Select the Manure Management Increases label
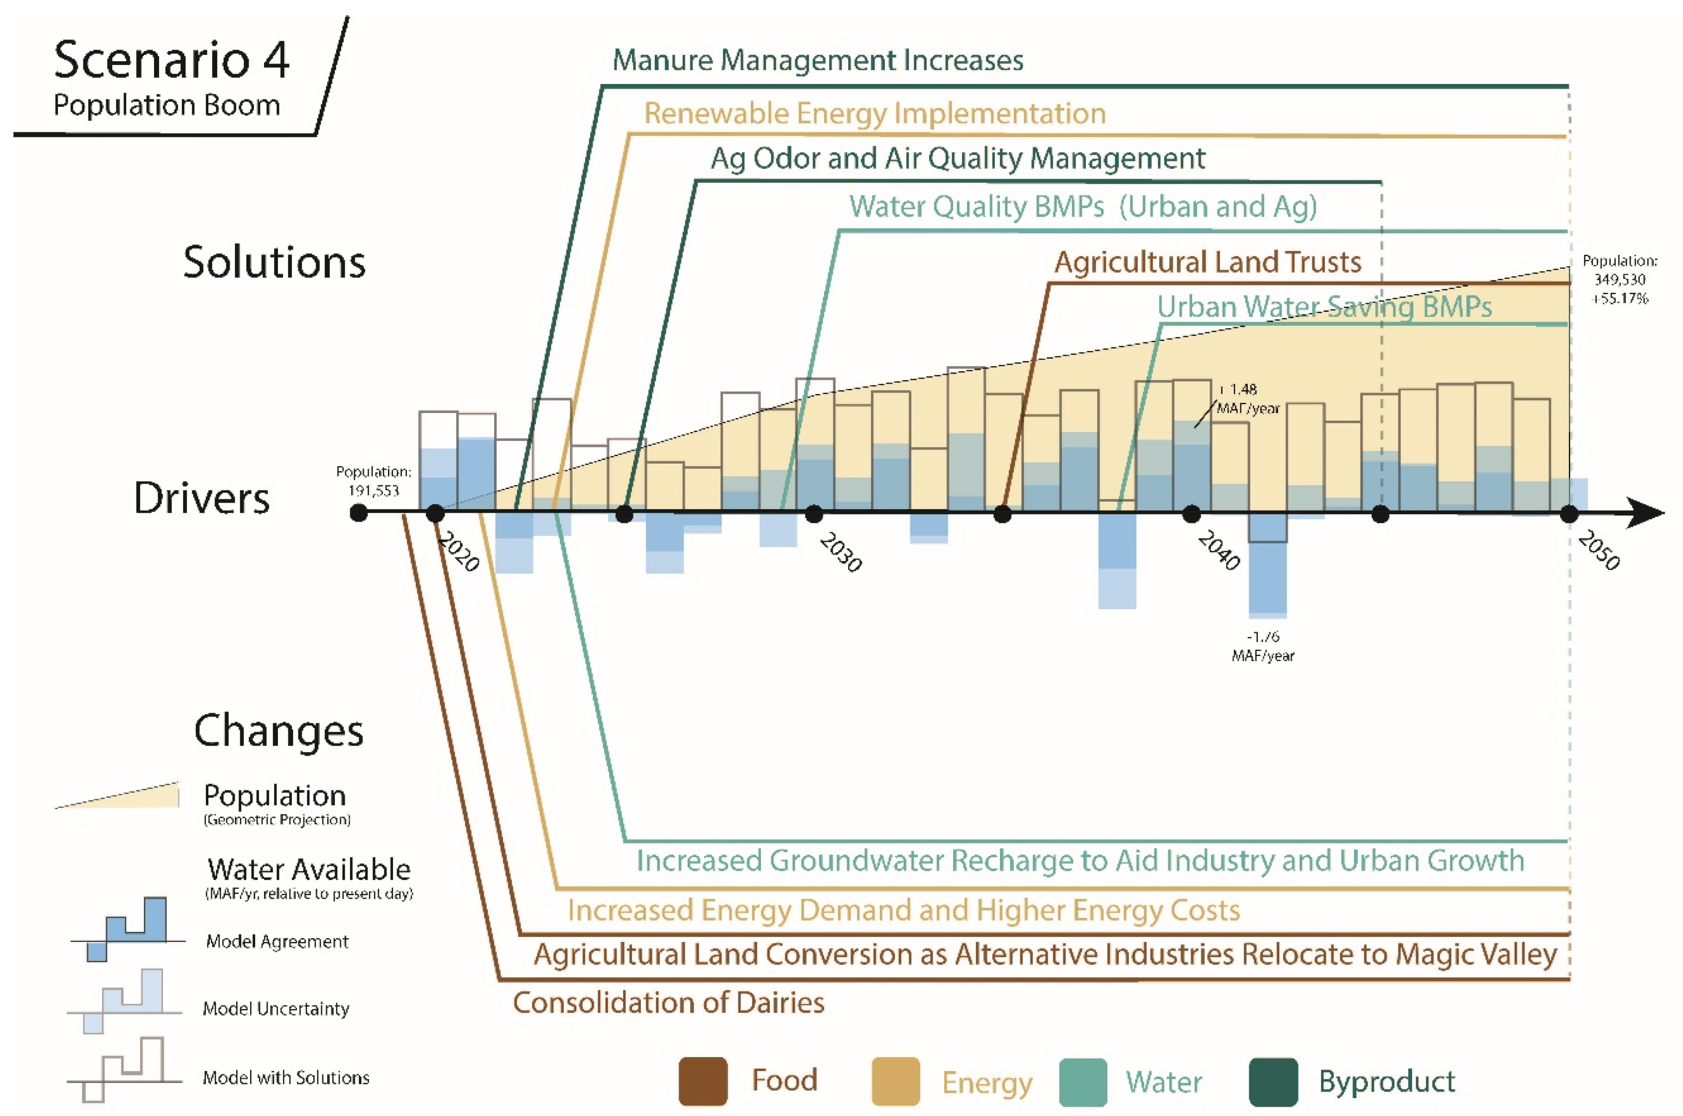818,60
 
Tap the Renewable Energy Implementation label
875,114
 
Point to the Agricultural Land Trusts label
1208,262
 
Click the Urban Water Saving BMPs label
1324,307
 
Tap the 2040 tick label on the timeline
1219,549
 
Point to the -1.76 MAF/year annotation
1263,645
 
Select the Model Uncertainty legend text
276,1008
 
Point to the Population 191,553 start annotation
374,481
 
